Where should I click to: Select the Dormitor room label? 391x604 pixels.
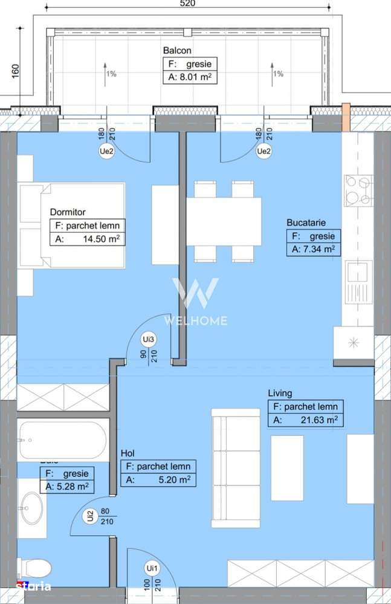click(68, 212)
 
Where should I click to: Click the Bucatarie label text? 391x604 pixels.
click(306, 222)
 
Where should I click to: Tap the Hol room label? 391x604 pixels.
click(128, 453)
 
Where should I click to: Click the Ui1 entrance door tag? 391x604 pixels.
click(151, 568)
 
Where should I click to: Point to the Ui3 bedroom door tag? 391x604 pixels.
click(147, 339)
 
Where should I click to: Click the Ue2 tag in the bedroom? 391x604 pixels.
click(106, 152)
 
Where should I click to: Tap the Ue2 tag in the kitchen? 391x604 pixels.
click(263, 152)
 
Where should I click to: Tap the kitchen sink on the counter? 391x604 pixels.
click(358, 281)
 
